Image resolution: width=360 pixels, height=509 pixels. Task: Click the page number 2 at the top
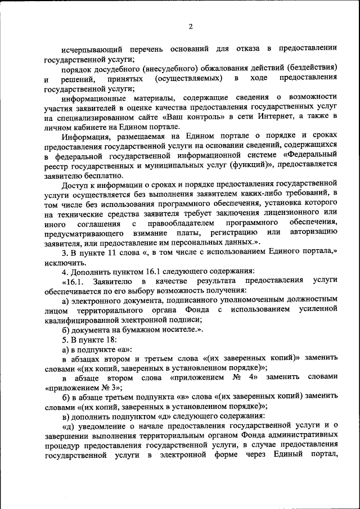[x=190, y=26]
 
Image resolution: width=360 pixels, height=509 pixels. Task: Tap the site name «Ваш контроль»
[x=196, y=116]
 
